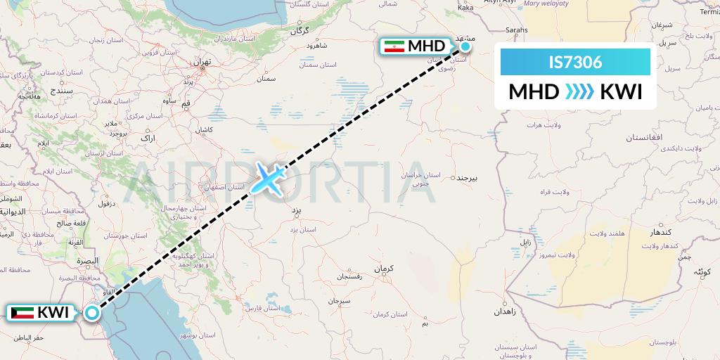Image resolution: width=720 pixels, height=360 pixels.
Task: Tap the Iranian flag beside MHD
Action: coord(394,46)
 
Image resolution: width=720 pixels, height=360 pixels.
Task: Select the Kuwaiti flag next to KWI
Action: coord(22,312)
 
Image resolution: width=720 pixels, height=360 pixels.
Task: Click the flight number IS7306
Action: coord(575,63)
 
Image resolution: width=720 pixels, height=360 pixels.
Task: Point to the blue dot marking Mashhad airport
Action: coord(465,47)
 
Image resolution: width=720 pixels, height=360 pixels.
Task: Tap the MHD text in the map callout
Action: coord(427,46)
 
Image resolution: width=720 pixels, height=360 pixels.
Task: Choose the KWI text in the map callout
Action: coord(53,312)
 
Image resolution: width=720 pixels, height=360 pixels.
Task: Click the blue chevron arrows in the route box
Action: coord(579,92)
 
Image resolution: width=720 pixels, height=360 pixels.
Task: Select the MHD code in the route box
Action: coord(534,92)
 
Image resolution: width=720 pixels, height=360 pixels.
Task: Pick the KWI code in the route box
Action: coord(622,92)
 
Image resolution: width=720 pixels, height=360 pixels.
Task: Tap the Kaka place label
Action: coord(465,8)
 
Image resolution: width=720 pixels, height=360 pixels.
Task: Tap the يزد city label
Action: coord(295,210)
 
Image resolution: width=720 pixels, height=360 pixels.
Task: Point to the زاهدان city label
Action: coord(506,310)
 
